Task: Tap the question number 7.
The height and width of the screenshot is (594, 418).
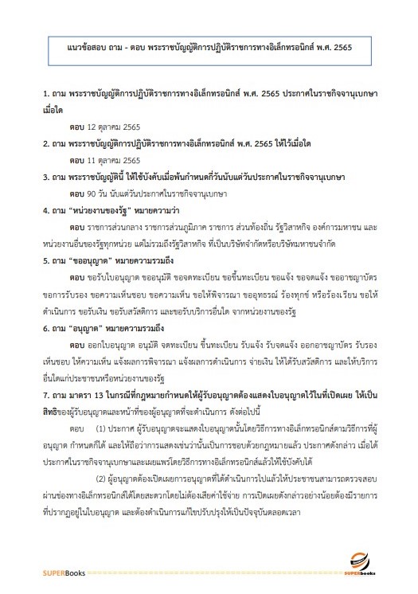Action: pyautogui.click(x=46, y=394)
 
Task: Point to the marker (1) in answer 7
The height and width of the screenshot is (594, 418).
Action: pyautogui.click(x=101, y=428)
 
